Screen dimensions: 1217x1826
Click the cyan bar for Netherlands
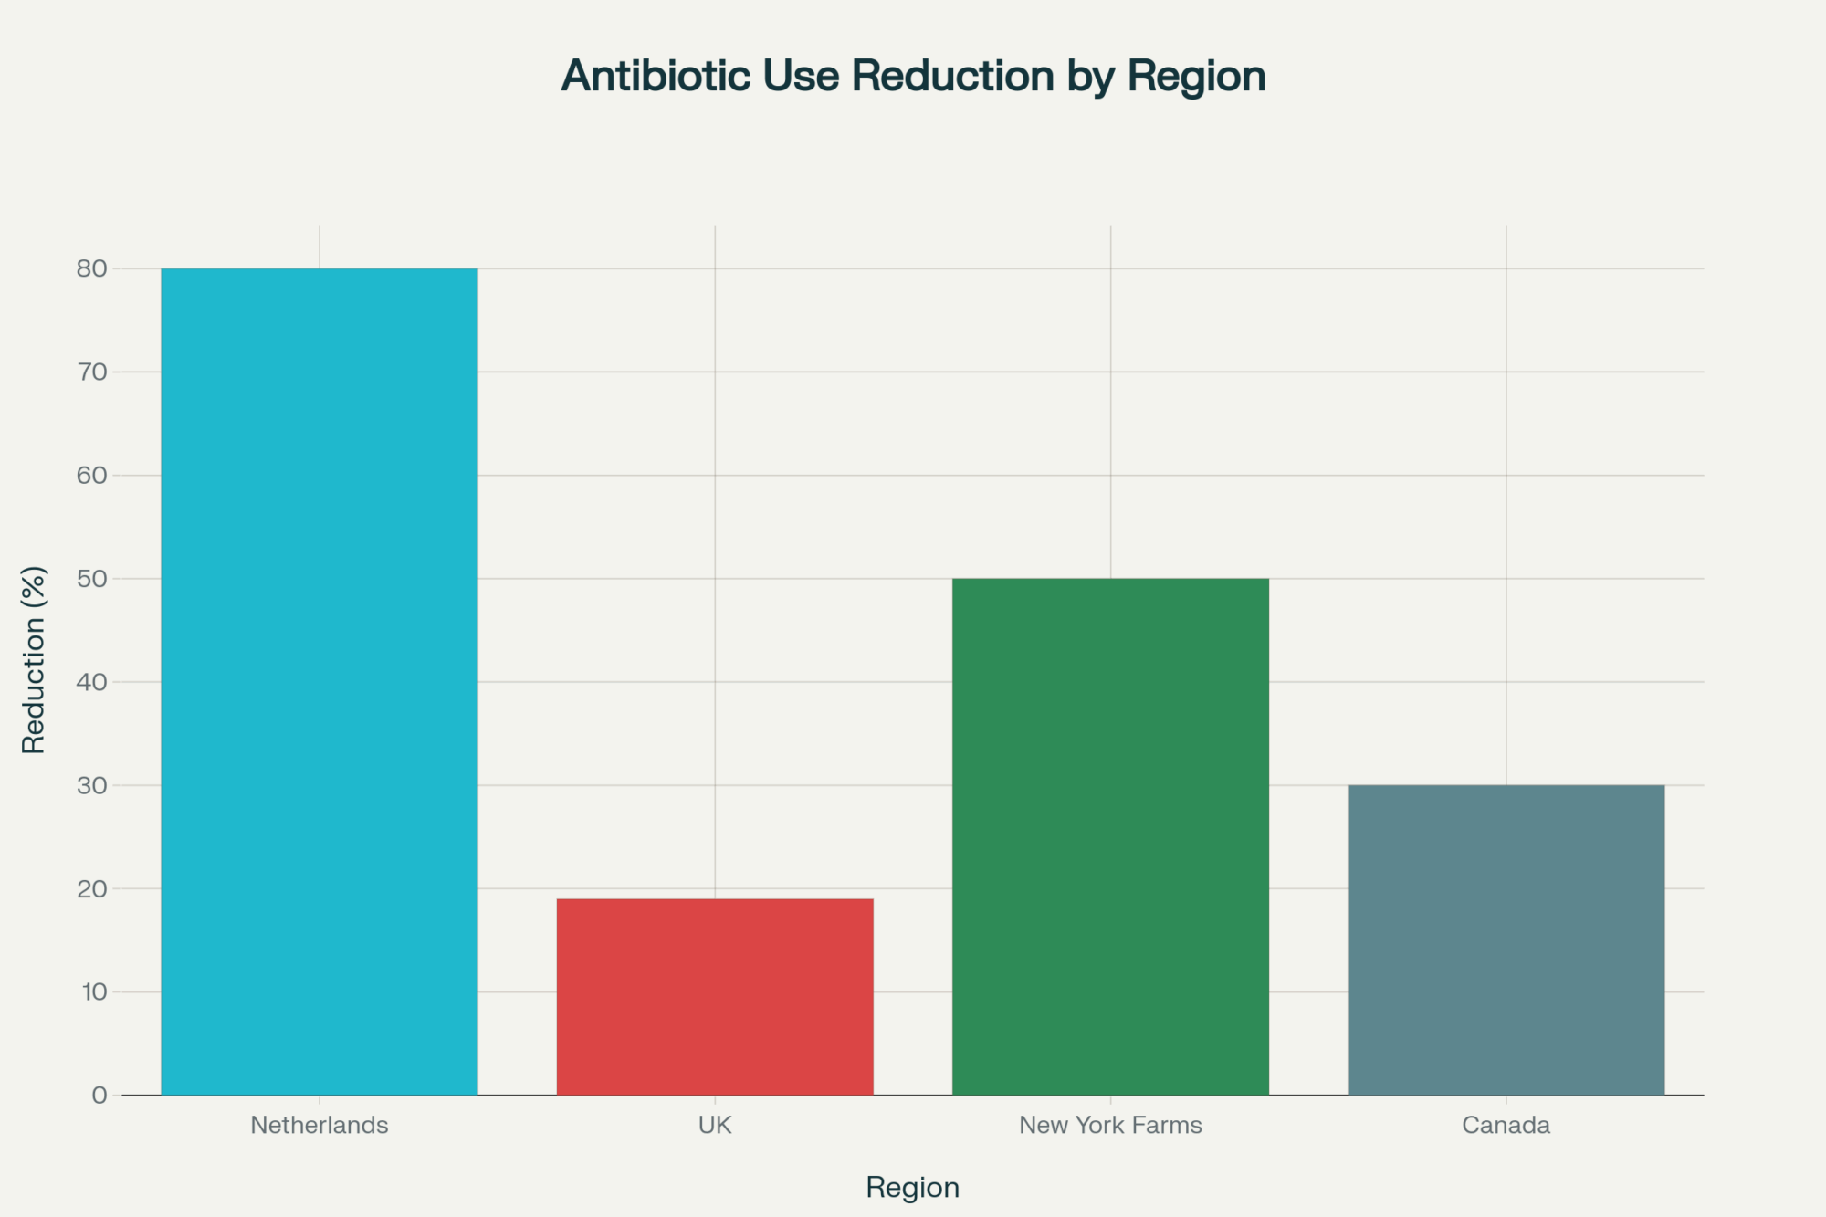click(x=320, y=681)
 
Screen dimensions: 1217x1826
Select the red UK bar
click(x=715, y=996)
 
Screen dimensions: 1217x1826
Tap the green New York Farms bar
click(x=1110, y=836)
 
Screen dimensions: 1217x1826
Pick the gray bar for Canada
click(x=1506, y=939)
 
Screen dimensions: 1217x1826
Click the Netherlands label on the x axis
click(x=320, y=1125)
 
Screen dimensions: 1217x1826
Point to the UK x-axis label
click(x=715, y=1125)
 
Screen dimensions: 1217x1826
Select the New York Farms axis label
click(x=1110, y=1125)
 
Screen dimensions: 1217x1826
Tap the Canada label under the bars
click(x=1506, y=1125)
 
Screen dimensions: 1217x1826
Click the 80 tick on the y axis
click(x=92, y=268)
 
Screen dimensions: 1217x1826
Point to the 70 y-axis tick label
click(x=92, y=372)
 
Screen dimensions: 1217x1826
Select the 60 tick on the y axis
click(x=92, y=475)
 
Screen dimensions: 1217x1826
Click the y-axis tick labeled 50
click(x=92, y=578)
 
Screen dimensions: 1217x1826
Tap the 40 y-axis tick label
click(x=92, y=682)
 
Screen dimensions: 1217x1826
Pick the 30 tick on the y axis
click(x=92, y=785)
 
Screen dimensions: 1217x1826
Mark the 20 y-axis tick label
click(x=92, y=888)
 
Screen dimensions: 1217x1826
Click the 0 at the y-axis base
click(x=100, y=1095)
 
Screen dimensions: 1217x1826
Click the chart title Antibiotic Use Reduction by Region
click(x=913, y=76)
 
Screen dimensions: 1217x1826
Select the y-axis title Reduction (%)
click(x=34, y=659)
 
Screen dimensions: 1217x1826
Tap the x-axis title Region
click(x=913, y=1187)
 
